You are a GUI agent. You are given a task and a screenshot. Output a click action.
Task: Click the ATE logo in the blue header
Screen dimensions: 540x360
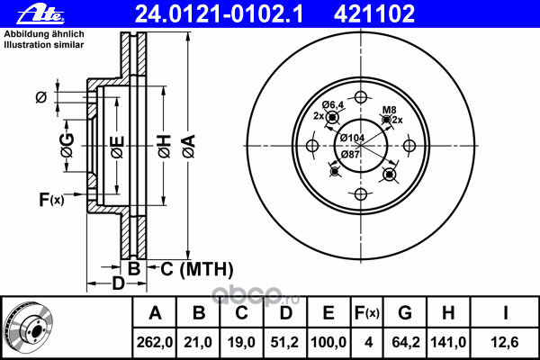(40, 14)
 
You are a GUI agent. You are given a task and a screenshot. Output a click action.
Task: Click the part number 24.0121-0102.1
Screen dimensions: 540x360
(219, 14)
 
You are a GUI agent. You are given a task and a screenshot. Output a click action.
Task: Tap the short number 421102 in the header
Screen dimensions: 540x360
(374, 14)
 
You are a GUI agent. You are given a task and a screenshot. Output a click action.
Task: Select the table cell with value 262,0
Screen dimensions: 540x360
(155, 342)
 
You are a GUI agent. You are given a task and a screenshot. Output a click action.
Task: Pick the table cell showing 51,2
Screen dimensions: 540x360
(284, 342)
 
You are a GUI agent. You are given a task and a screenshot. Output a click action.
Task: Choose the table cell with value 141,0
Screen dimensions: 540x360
(448, 342)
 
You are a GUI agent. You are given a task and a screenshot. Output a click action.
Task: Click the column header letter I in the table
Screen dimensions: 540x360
(505, 313)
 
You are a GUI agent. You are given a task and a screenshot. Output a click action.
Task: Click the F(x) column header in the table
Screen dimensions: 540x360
(367, 313)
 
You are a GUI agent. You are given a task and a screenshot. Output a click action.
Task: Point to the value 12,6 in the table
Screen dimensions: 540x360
(505, 342)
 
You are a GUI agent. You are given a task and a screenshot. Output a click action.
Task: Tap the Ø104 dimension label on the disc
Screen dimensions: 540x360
(352, 138)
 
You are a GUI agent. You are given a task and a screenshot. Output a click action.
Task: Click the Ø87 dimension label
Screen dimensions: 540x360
(350, 154)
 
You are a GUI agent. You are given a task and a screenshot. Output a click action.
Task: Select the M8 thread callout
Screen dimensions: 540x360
(390, 110)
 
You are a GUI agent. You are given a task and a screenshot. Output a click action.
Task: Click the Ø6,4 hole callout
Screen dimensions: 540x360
(333, 104)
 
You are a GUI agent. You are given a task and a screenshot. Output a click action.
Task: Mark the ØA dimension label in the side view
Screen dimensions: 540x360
(189, 146)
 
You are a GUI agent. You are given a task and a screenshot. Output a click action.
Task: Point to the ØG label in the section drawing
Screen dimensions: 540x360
(67, 145)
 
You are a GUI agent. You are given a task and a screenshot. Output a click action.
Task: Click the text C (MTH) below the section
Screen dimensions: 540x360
(197, 269)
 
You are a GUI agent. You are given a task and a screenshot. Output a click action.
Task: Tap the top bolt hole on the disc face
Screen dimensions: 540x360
(361, 97)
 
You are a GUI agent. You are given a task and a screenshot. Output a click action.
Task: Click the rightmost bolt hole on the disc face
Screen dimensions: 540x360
(409, 146)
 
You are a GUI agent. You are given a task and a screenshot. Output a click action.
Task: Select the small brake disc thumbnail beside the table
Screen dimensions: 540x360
(29, 327)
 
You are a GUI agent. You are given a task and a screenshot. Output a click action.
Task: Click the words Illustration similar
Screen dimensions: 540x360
(44, 45)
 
